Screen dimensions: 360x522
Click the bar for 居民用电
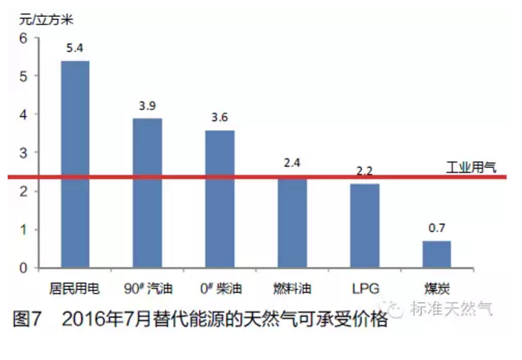click(x=75, y=164)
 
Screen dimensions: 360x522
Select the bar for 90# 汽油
click(x=147, y=193)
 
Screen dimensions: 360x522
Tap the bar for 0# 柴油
click(x=220, y=199)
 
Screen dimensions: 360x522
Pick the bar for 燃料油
click(x=292, y=223)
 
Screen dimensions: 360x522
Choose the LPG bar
click(x=365, y=226)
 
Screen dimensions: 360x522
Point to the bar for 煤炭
click(x=437, y=254)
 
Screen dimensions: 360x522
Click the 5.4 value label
click(x=75, y=48)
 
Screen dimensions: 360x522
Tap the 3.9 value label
click(x=147, y=105)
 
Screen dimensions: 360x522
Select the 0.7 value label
click(x=437, y=228)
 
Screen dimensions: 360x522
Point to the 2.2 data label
click(x=365, y=171)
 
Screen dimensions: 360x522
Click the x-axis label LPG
click(x=365, y=289)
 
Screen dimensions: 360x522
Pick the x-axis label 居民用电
click(x=75, y=289)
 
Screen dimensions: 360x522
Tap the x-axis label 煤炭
click(x=437, y=289)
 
